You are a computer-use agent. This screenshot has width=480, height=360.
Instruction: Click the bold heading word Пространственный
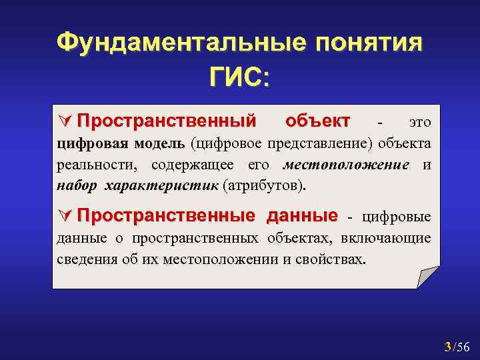166,121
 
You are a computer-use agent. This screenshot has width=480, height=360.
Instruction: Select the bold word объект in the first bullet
317,121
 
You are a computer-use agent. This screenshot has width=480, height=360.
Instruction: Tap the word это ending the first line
419,123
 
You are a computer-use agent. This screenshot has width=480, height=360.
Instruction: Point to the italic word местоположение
346,165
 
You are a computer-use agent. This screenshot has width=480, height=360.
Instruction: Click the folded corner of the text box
427,277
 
